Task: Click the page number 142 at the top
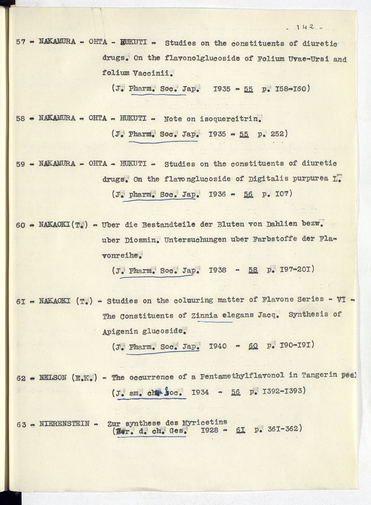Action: tap(307, 27)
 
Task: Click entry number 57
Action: tap(20, 42)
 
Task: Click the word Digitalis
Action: tap(257, 178)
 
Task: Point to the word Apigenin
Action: tap(120, 331)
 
